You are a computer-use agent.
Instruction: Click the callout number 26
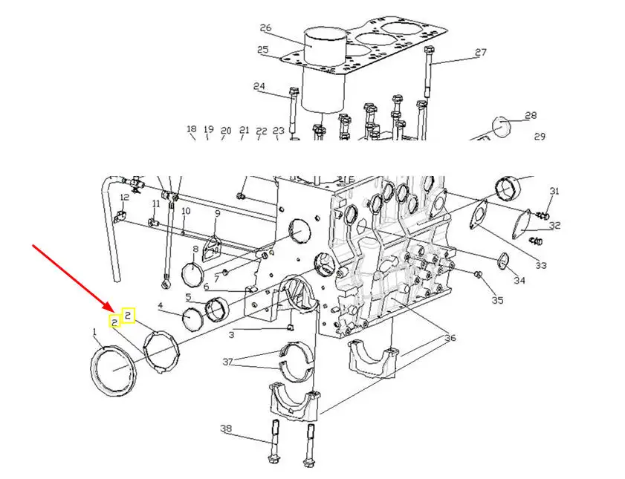pyautogui.click(x=265, y=28)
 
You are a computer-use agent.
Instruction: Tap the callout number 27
pyautogui.click(x=481, y=52)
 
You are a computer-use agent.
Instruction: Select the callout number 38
pyautogui.click(x=226, y=429)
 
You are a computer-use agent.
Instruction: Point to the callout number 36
pyautogui.click(x=450, y=338)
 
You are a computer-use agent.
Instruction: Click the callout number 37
pyautogui.click(x=227, y=362)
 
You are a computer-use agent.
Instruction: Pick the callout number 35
pyautogui.click(x=497, y=300)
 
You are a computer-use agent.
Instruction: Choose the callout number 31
pyautogui.click(x=554, y=191)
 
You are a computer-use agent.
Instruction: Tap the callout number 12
pyautogui.click(x=124, y=197)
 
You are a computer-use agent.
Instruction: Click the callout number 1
pyautogui.click(x=95, y=331)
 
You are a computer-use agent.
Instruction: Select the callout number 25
pyautogui.click(x=262, y=50)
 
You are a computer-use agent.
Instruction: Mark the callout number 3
pyautogui.click(x=232, y=334)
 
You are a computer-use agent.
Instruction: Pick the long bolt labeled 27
pyautogui.click(x=428, y=72)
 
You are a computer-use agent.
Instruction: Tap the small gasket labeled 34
pyautogui.click(x=503, y=261)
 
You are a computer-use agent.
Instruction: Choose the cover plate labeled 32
pyautogui.click(x=522, y=224)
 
